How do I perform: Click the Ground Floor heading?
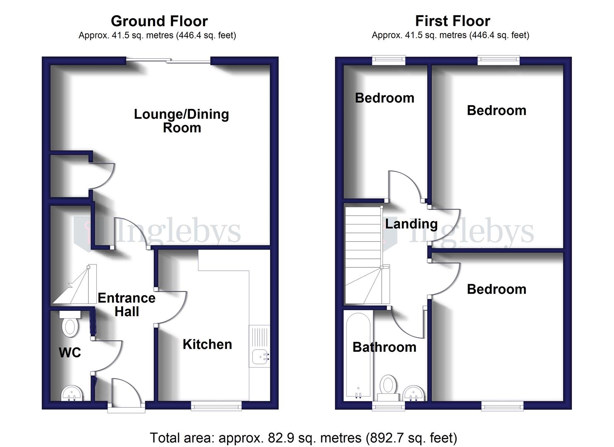(159, 21)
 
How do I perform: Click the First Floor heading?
(452, 21)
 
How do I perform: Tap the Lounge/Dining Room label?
(182, 121)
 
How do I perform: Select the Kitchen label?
(207, 344)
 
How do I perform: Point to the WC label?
(70, 353)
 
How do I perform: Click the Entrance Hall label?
(127, 305)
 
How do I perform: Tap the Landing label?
(411, 224)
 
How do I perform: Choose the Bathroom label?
(384, 347)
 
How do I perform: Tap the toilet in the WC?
(70, 324)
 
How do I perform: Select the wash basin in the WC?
(73, 393)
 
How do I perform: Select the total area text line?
(303, 437)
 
